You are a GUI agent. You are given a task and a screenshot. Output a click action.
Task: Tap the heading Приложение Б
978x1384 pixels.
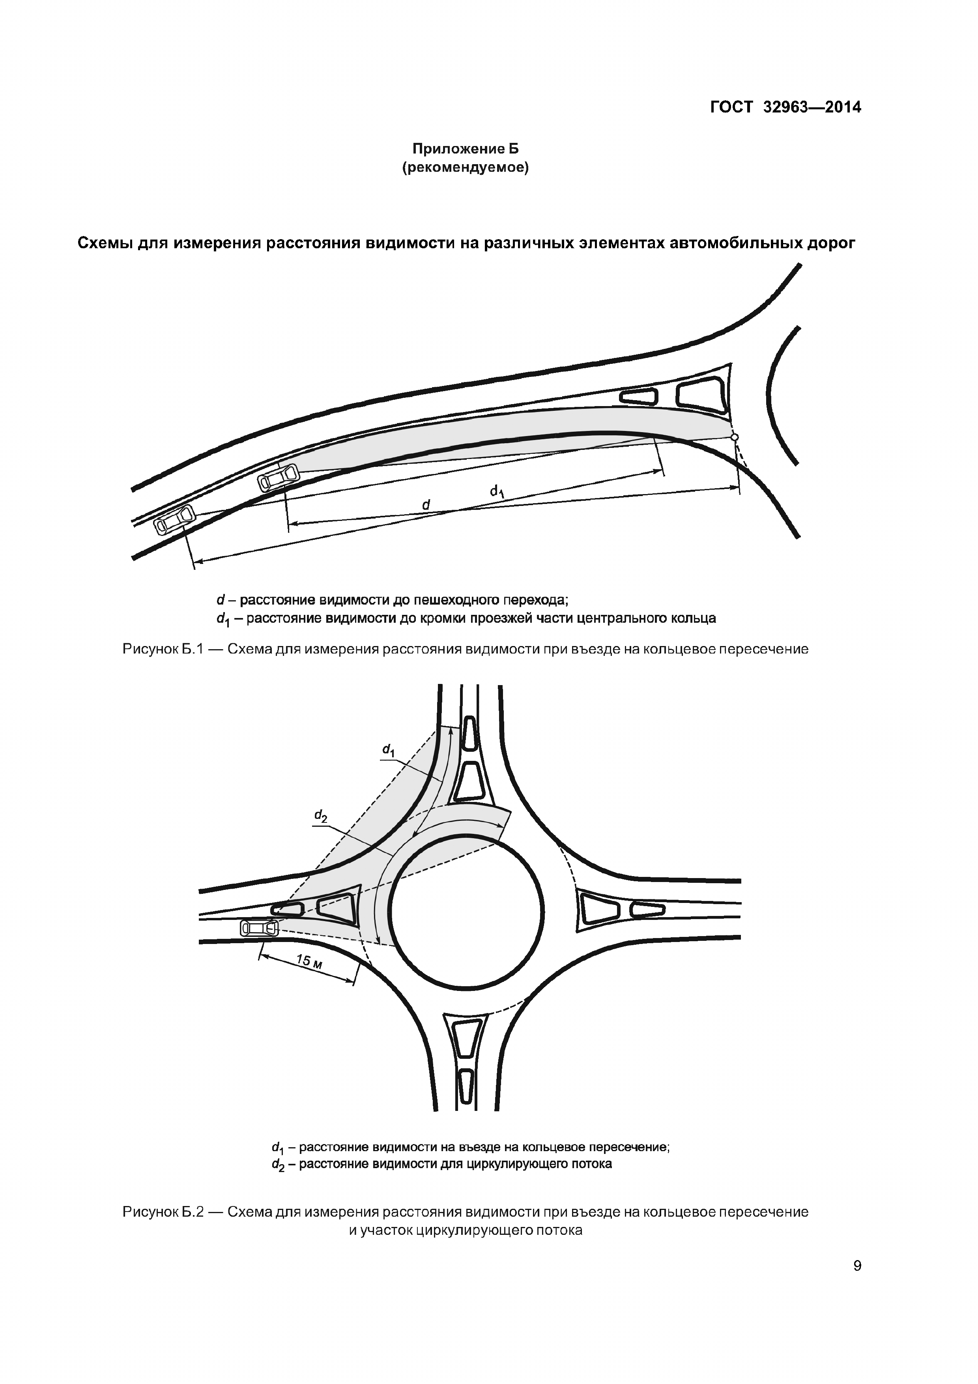coord(465,148)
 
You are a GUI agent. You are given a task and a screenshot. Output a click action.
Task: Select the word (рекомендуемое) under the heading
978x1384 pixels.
coord(465,168)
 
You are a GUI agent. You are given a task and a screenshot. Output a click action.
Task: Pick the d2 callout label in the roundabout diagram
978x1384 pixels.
coord(321,817)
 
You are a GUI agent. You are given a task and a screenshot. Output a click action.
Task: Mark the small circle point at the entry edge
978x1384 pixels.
coord(734,437)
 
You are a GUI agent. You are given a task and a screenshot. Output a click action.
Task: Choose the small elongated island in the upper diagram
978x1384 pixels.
coord(639,396)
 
